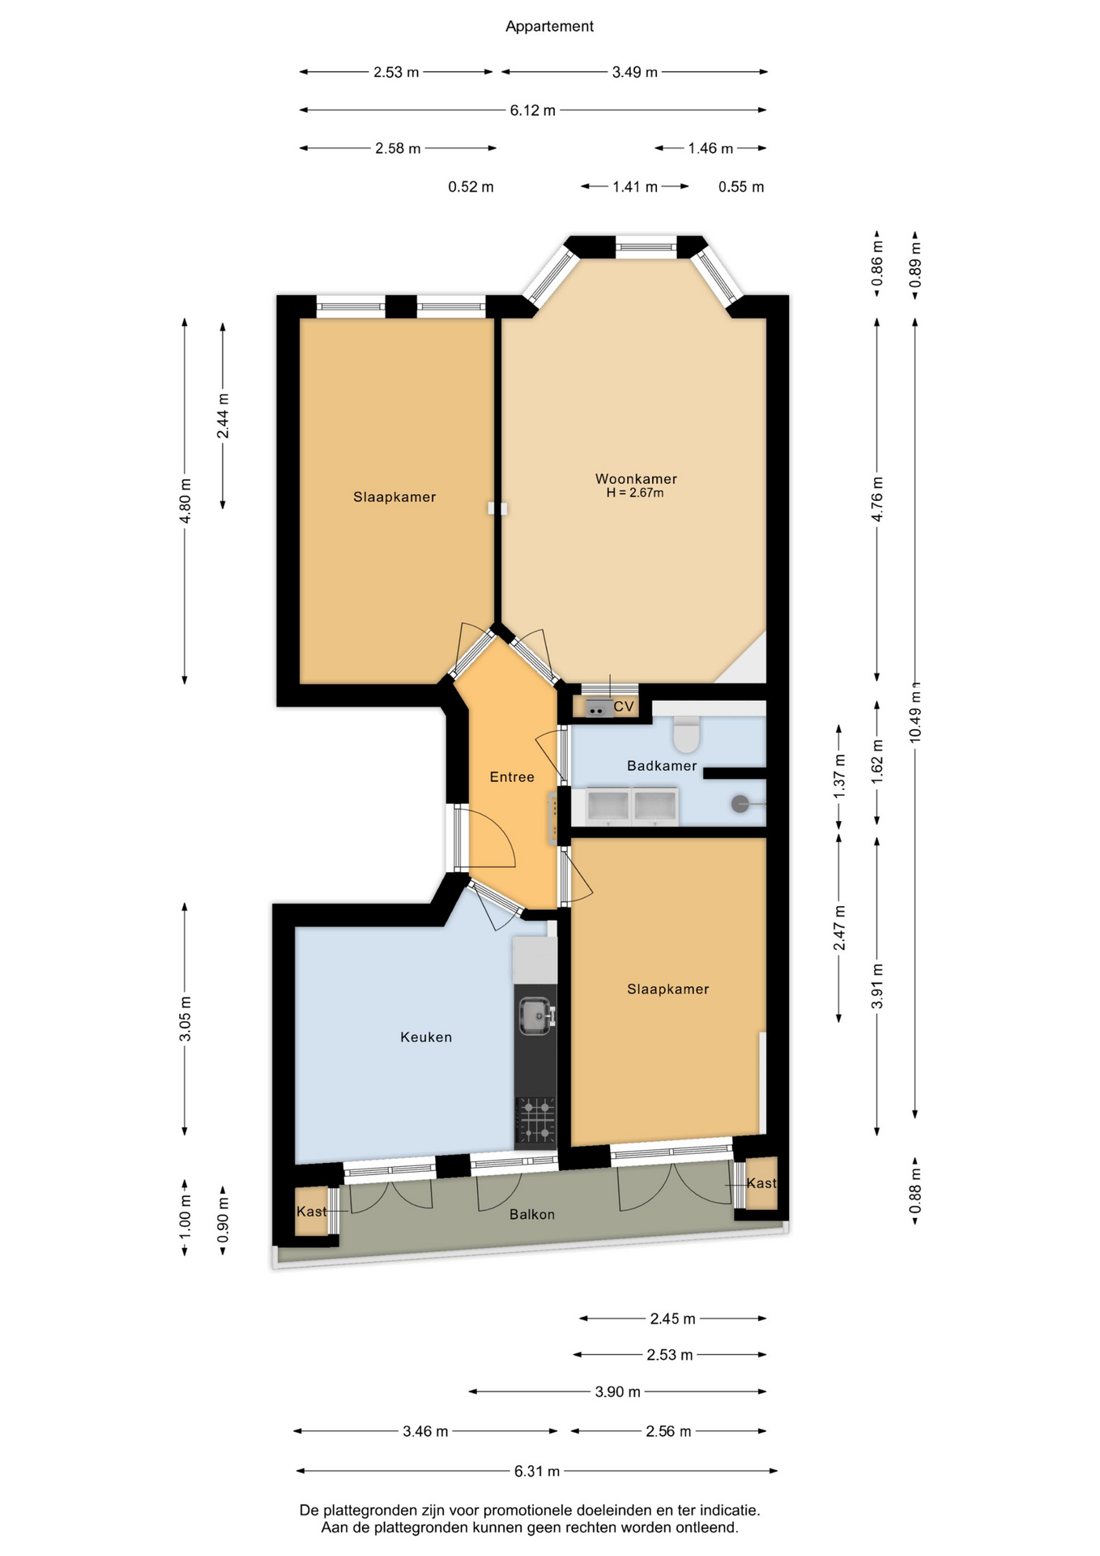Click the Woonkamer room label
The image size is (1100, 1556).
coord(636,479)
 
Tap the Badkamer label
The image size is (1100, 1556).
coord(662,766)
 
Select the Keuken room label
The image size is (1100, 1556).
coord(426,1037)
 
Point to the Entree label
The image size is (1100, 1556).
coord(512,777)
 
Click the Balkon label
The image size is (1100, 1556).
coord(532,1215)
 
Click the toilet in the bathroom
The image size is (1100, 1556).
coord(687,733)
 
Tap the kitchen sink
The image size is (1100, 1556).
coord(536,1015)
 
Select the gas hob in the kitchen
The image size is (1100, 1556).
coord(535,1119)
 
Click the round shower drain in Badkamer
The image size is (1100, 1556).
coord(740,804)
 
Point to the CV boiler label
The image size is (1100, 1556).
coord(624,707)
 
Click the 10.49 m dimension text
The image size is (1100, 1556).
coord(915,714)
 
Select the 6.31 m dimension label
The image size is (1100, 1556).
coord(537,1471)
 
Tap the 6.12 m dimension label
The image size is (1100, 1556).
coord(533,110)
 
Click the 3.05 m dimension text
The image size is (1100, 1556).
coord(185,1020)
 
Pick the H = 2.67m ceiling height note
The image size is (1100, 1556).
coord(635,493)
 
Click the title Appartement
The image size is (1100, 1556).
coord(549,27)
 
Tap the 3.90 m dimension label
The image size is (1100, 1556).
coord(618,1391)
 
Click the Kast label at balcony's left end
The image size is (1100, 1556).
coord(312,1212)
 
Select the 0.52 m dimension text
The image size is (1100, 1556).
coord(471,187)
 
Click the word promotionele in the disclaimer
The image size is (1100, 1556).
coord(530,1511)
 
